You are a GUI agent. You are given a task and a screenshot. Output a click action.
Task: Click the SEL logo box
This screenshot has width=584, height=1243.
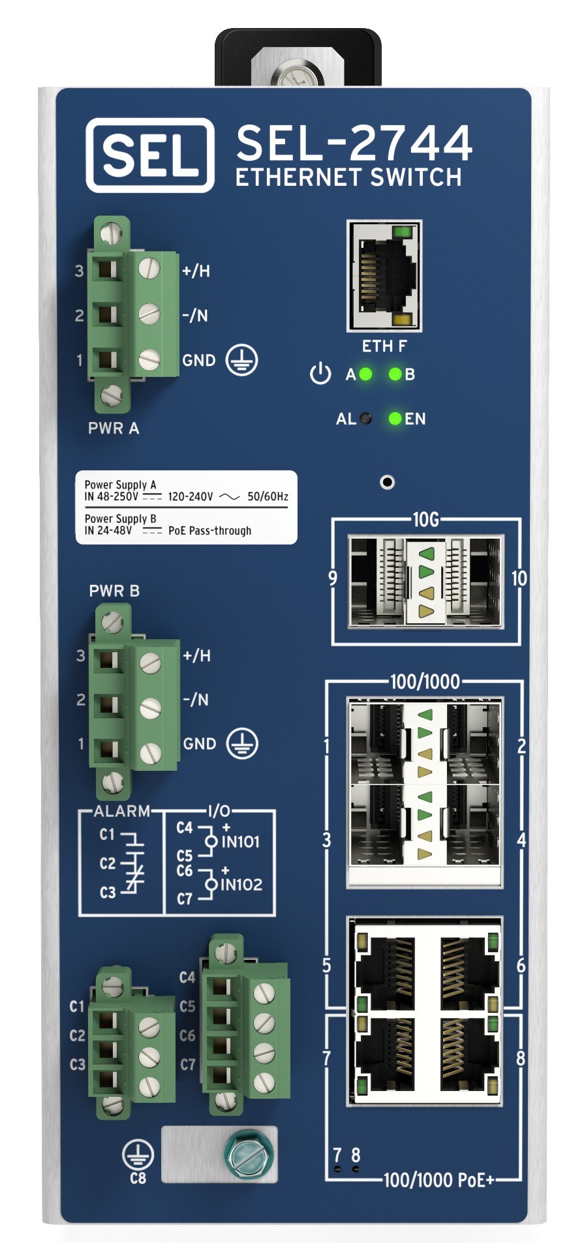click(x=149, y=155)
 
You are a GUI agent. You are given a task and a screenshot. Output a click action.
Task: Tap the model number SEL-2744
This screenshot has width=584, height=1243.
click(x=354, y=143)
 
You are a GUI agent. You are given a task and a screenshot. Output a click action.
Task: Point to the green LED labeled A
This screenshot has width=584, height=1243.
click(x=365, y=374)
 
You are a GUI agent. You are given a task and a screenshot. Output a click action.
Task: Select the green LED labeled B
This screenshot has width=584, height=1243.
click(x=395, y=374)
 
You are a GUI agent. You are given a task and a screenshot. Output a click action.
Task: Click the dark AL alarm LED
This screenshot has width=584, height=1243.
click(x=366, y=419)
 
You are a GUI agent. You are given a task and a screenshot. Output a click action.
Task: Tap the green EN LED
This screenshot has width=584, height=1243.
click(x=395, y=419)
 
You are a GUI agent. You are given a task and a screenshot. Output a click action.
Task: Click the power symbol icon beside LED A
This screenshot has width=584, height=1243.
click(x=320, y=374)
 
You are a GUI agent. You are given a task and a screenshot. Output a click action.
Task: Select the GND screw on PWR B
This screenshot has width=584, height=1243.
click(x=151, y=752)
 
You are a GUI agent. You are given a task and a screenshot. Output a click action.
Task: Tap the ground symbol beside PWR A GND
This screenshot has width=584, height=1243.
click(x=241, y=360)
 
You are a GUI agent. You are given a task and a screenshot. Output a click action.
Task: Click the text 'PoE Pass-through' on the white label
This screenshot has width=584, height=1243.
click(x=209, y=531)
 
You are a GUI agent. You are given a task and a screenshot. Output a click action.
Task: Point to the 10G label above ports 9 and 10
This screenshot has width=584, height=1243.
click(x=425, y=519)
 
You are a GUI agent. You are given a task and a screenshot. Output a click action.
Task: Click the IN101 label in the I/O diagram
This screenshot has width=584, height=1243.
click(x=240, y=842)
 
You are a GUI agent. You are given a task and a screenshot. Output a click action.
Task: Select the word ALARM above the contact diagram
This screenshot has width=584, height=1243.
click(x=122, y=811)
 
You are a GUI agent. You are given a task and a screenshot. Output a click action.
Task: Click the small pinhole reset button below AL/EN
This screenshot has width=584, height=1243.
click(x=388, y=482)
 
